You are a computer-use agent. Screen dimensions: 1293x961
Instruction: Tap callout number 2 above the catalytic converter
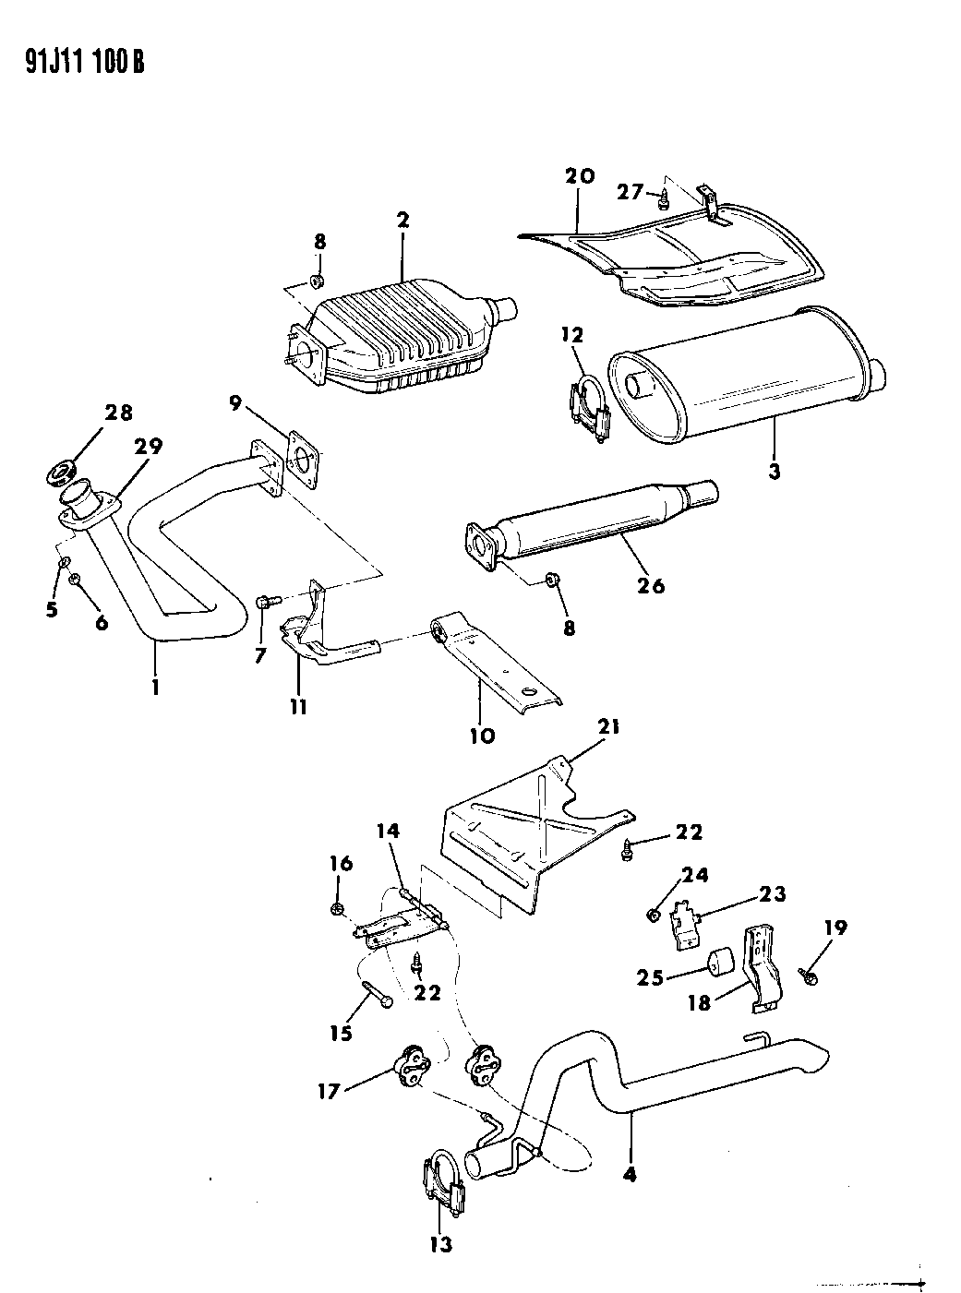click(402, 220)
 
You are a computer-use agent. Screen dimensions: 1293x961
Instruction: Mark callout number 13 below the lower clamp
click(441, 1244)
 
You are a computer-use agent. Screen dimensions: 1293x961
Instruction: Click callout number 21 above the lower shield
click(608, 728)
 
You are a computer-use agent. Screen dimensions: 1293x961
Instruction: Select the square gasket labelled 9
click(304, 456)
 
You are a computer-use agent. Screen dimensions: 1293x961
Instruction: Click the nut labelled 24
click(654, 915)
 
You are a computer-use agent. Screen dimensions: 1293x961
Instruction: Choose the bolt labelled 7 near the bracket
click(264, 601)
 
